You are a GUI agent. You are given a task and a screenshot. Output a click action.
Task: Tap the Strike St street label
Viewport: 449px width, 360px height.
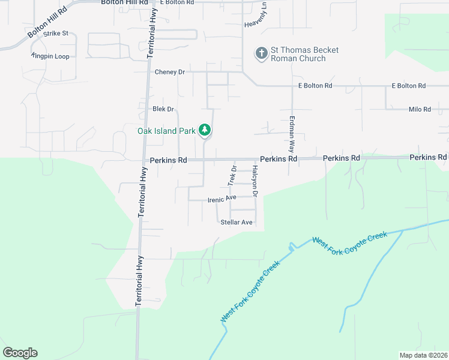(56, 34)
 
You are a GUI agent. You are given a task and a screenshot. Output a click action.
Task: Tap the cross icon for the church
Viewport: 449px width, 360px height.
(261, 53)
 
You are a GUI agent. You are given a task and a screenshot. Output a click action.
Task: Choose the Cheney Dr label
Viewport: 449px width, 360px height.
(170, 72)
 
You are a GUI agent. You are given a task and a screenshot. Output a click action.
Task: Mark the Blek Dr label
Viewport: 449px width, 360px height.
(163, 109)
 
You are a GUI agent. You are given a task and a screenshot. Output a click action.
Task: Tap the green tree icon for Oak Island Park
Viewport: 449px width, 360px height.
(205, 130)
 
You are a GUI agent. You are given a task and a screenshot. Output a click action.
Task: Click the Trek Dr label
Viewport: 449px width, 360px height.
(233, 175)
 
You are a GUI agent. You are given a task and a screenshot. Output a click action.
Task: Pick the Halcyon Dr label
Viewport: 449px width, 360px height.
(255, 182)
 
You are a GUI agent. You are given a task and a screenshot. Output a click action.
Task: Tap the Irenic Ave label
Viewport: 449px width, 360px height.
(221, 198)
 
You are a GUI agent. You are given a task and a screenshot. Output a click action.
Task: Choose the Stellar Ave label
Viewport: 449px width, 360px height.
(237, 222)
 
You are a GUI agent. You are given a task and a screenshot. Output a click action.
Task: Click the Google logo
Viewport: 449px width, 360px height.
(20, 353)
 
